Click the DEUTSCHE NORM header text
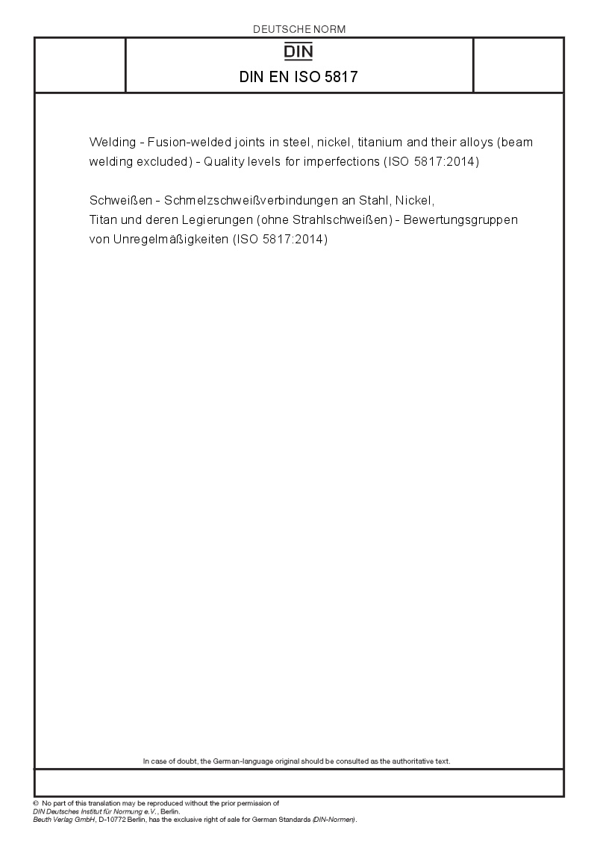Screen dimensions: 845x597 coord(299,29)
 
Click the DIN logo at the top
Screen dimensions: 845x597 coord(299,52)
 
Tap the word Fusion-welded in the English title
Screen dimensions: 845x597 coord(182,142)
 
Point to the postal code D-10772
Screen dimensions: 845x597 coord(116,820)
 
